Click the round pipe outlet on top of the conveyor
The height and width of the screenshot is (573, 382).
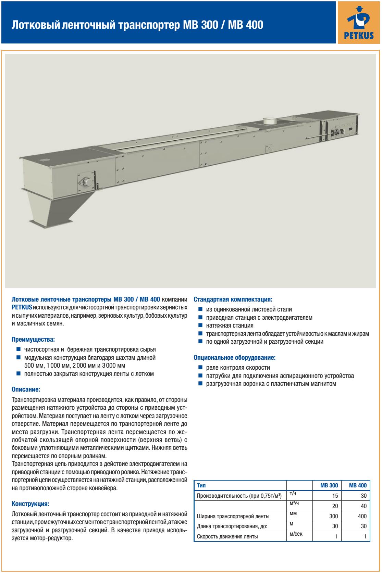[x=270, y=121]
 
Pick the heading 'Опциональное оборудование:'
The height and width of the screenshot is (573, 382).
[x=235, y=358]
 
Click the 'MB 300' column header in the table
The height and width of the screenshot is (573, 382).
[x=329, y=485]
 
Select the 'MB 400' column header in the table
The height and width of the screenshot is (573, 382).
[x=357, y=485]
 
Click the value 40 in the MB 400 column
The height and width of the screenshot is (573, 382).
[x=363, y=506]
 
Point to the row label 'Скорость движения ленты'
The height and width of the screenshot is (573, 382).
[x=227, y=536]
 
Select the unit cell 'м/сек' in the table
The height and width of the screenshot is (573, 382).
[x=296, y=533]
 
